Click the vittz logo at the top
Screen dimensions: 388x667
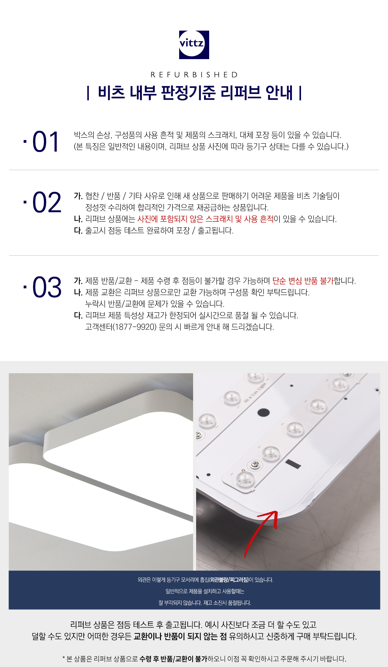coord(194,45)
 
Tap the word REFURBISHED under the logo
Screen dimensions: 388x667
coord(194,75)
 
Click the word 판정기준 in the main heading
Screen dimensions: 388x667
coord(188,93)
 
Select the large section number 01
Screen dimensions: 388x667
coord(46,142)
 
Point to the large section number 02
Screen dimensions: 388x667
coord(47,203)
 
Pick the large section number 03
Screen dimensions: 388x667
coord(47,287)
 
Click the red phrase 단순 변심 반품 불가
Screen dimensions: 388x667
coord(303,281)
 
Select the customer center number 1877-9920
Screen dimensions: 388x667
coord(134,327)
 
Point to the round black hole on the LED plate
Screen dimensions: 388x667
coord(263,412)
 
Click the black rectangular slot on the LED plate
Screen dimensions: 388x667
coord(293,464)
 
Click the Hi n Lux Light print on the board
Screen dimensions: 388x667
coord(255,393)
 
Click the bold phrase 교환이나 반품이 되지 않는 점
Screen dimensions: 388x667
coord(180,636)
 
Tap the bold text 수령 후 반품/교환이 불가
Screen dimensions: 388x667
coord(173,659)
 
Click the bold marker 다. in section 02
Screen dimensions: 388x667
coord(78,230)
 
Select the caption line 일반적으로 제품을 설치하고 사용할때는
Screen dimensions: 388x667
coord(205,591)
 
